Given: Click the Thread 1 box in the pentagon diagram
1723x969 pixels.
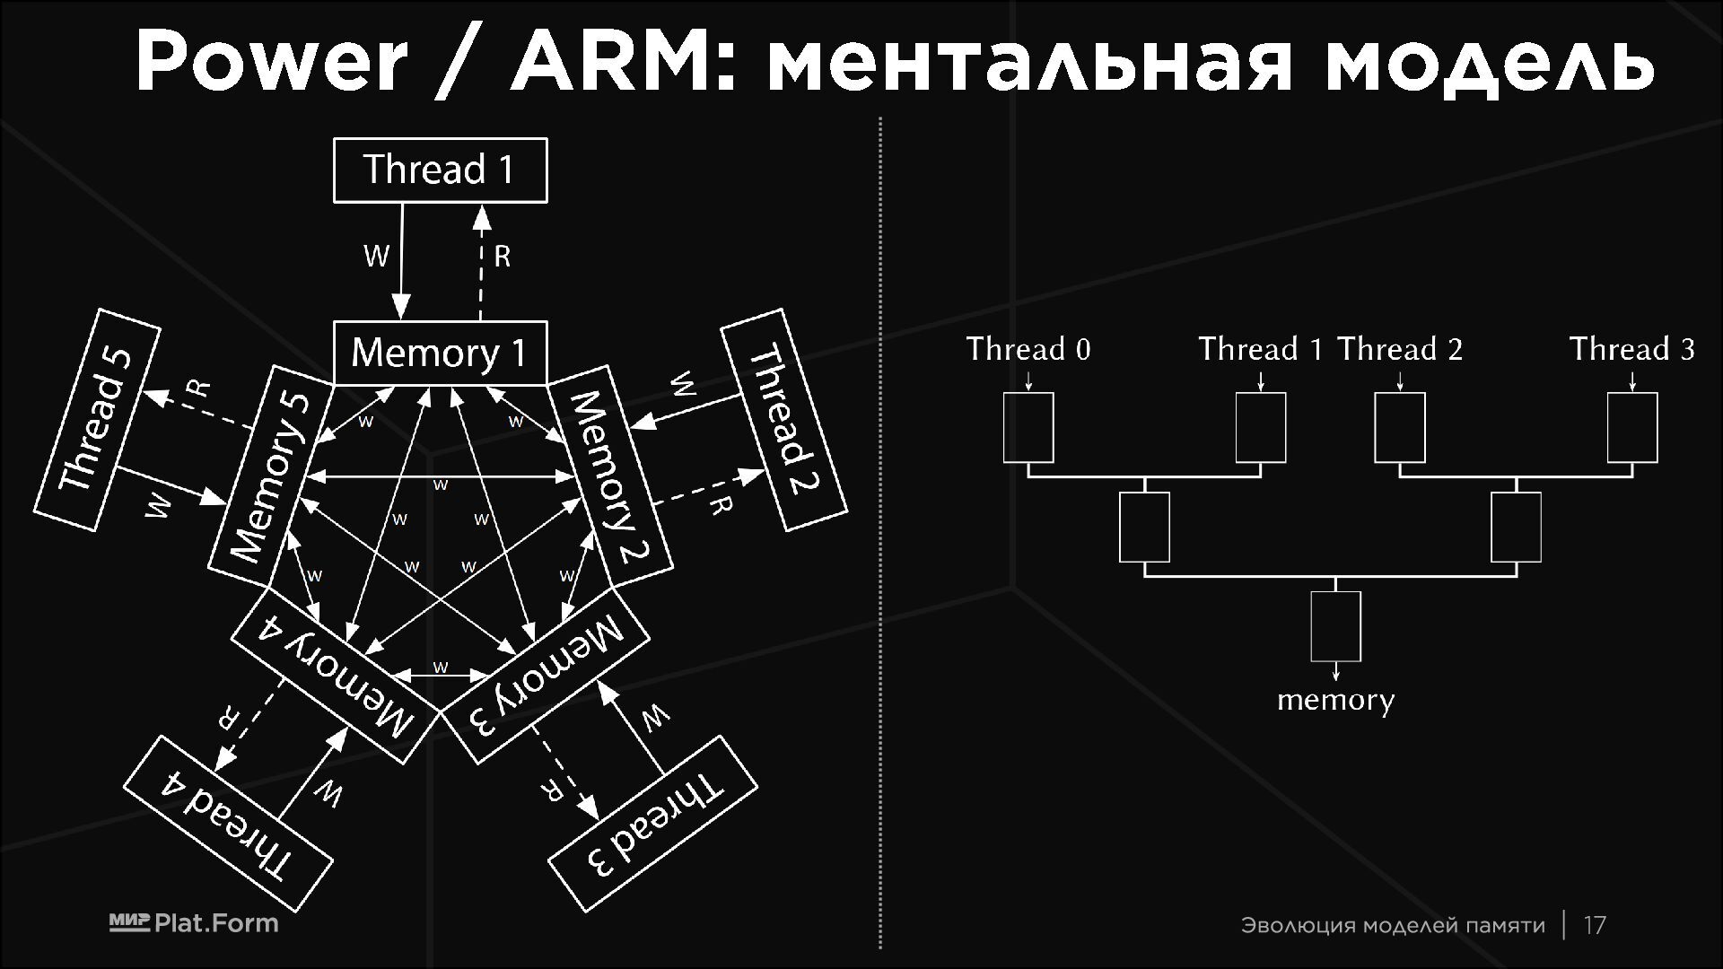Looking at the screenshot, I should coord(440,170).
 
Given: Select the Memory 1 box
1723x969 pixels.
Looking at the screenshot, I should coord(440,353).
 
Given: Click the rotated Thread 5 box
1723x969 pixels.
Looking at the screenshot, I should coord(97,420).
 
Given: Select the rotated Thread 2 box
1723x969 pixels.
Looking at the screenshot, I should coord(783,419).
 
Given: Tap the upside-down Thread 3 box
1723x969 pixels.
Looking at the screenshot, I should coord(652,823).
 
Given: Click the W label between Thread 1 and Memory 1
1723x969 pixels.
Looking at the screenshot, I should coord(376,257).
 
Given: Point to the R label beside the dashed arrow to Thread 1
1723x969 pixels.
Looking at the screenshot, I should coord(502,258).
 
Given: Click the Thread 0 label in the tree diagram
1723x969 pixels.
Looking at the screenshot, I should coord(1028,349).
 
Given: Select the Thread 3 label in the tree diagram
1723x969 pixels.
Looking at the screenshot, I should coord(1631,349).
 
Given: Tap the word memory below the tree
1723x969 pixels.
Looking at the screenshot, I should coord(1335,700).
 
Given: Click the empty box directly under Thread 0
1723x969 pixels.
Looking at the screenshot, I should coord(1028,427).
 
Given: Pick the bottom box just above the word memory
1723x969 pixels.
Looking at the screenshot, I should coord(1335,626).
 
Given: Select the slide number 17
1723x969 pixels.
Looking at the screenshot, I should coord(1595,925).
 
